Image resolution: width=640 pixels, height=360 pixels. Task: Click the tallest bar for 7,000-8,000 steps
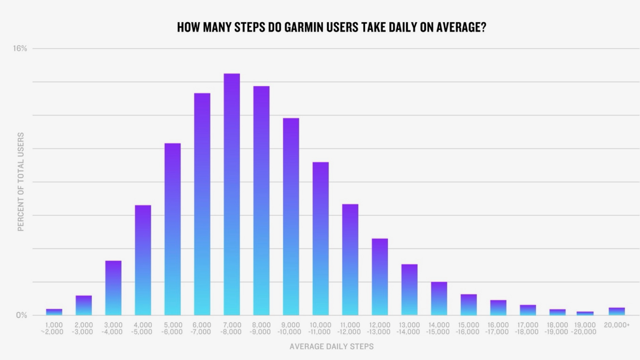[x=232, y=194]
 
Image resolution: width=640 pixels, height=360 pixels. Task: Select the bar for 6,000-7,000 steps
[x=202, y=204]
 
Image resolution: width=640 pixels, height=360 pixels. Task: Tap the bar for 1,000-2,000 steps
[x=54, y=312]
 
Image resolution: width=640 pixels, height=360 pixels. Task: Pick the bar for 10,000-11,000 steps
[x=321, y=238]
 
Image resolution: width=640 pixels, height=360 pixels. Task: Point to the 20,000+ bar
[x=617, y=311]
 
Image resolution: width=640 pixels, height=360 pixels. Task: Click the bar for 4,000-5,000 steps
[x=143, y=260]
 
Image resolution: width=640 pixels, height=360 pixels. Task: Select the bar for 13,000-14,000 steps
[x=409, y=290]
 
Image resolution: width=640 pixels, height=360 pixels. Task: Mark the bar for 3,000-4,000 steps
[x=113, y=288]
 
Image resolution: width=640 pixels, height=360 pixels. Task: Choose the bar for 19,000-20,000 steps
[x=585, y=313]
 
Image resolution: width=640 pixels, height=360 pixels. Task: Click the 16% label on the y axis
[x=20, y=49]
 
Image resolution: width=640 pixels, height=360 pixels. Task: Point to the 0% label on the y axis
[x=21, y=315]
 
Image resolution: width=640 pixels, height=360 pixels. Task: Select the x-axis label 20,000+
[x=617, y=325]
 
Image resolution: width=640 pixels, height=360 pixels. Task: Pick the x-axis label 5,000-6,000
[x=173, y=328]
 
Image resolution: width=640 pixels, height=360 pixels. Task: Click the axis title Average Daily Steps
[x=331, y=347]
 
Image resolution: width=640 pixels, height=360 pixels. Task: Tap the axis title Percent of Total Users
[x=21, y=182]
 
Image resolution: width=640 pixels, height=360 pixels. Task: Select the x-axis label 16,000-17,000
[x=497, y=328]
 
